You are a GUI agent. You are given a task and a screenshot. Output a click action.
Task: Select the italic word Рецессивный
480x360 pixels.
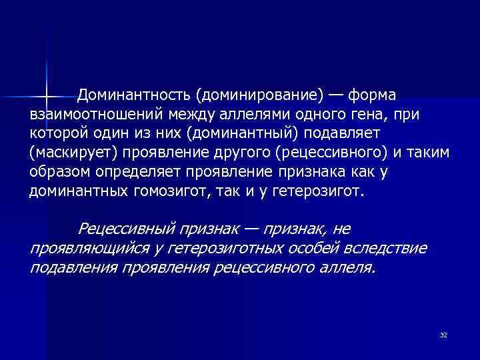pyautogui.click(x=127, y=229)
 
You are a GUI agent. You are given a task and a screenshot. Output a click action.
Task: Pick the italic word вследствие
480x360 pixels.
pyautogui.click(x=383, y=248)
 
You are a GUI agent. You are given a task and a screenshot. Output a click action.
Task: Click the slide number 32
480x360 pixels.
pyautogui.click(x=443, y=334)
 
